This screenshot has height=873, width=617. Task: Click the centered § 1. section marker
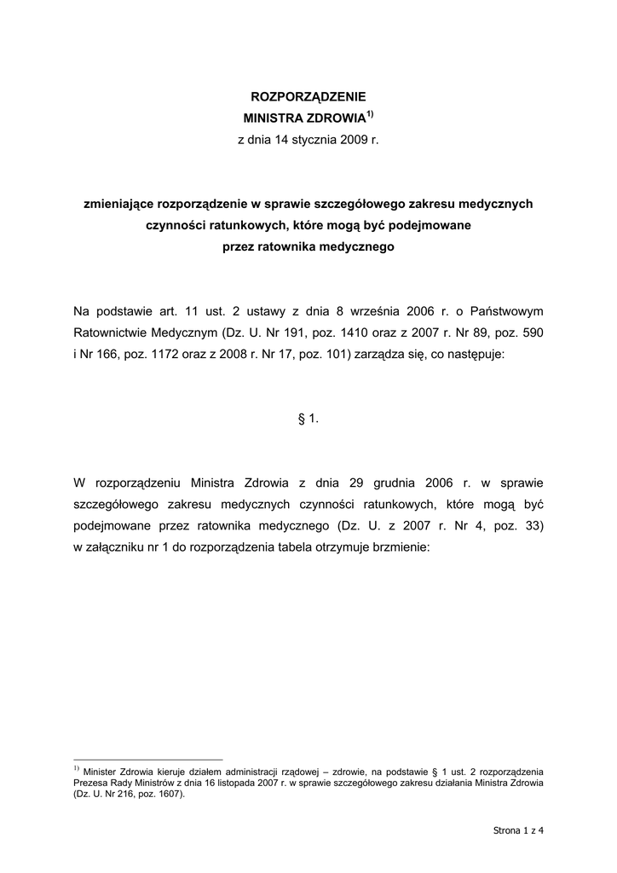tap(308, 419)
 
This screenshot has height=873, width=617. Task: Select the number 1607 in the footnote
tap(168, 793)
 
